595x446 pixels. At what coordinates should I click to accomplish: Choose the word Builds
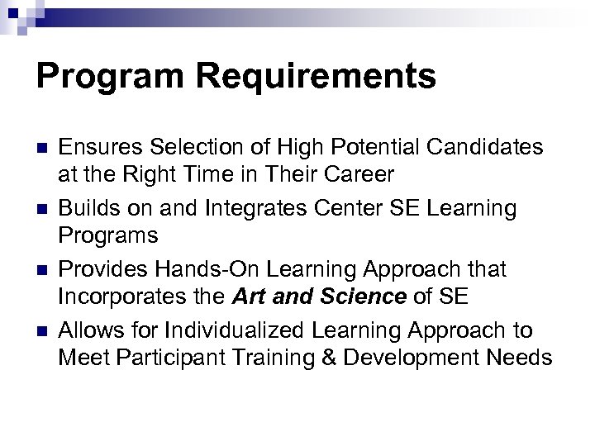point(87,208)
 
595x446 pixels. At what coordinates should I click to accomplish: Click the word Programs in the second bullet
point(108,236)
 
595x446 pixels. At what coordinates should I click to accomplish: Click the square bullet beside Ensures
point(42,149)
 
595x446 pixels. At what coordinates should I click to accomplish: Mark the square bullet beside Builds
point(42,210)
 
